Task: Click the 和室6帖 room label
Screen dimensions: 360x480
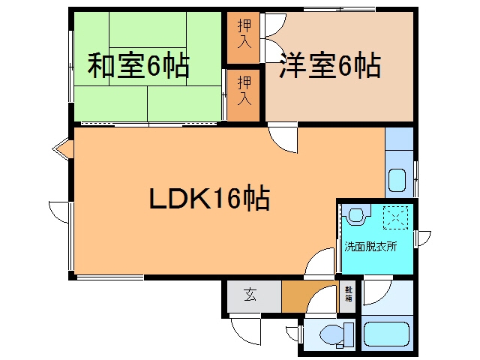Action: (139, 67)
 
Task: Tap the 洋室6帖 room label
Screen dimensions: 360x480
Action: (330, 67)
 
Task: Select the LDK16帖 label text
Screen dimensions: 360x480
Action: (209, 199)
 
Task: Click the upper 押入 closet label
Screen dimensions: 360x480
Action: (244, 32)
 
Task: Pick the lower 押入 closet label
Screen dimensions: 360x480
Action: (244, 89)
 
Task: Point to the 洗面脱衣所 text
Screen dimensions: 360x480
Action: (370, 245)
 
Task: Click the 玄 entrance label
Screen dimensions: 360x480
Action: (250, 295)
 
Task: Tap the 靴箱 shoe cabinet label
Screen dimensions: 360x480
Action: (349, 294)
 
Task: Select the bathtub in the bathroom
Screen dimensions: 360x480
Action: (385, 334)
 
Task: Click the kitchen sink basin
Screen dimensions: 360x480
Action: (397, 181)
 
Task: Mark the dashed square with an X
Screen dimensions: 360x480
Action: (395, 217)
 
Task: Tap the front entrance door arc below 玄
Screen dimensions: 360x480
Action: (244, 328)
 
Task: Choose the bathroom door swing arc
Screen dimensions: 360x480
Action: (376, 292)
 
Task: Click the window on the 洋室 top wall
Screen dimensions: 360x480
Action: (339, 8)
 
